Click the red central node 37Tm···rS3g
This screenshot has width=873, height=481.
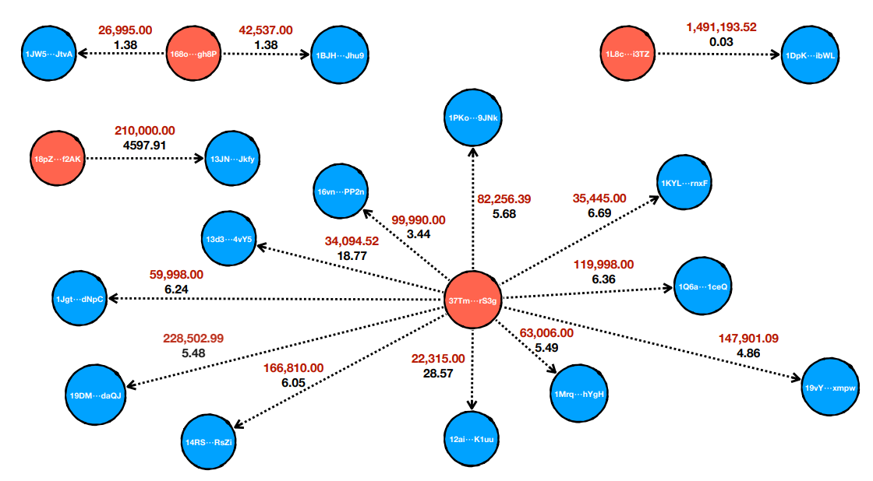click(472, 300)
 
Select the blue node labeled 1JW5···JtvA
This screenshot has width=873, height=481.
click(49, 54)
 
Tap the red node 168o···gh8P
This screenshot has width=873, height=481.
click(193, 54)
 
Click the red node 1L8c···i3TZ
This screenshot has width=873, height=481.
click(628, 54)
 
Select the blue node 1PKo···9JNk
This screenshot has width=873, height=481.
click(473, 118)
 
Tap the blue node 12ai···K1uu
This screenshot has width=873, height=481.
click(472, 440)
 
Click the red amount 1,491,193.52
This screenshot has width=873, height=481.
click(721, 27)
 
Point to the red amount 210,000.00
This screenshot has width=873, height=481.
click(144, 130)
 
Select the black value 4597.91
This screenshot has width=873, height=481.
click(144, 145)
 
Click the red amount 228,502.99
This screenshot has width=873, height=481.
click(193, 338)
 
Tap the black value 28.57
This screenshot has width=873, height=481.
click(437, 374)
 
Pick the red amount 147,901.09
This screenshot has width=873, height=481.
click(748, 338)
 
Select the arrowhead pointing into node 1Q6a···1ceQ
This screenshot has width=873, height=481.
click(667, 288)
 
